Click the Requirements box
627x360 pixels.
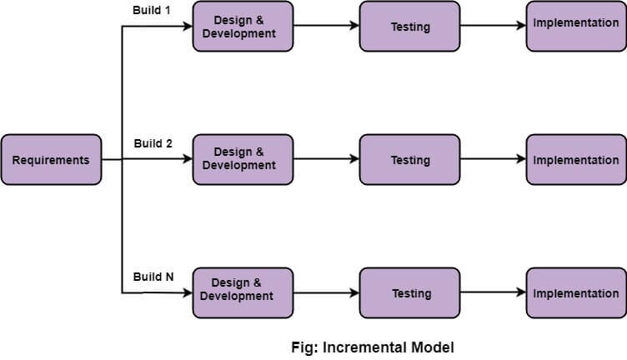pyautogui.click(x=51, y=160)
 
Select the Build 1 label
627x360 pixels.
pyautogui.click(x=152, y=10)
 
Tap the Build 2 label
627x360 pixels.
pyautogui.click(x=153, y=143)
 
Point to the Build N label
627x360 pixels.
pyautogui.click(x=153, y=277)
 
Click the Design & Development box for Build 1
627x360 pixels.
pyautogui.click(x=243, y=26)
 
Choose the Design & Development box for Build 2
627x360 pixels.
pyautogui.click(x=243, y=159)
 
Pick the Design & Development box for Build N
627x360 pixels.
pyautogui.click(x=243, y=292)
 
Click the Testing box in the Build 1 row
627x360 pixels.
pyautogui.click(x=409, y=26)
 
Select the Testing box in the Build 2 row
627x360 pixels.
pyautogui.click(x=409, y=159)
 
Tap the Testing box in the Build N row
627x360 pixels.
pyautogui.click(x=409, y=292)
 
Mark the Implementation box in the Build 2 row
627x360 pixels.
pyautogui.click(x=576, y=159)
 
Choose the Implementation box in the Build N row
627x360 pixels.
pyautogui.click(x=576, y=292)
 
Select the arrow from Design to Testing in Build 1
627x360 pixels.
pyautogui.click(x=326, y=26)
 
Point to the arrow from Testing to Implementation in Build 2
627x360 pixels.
pyautogui.click(x=493, y=159)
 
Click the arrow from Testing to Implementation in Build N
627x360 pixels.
pyautogui.click(x=493, y=292)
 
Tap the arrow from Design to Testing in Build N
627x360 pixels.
pyautogui.click(x=326, y=292)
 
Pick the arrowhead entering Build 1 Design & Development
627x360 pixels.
pyautogui.click(x=188, y=26)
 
